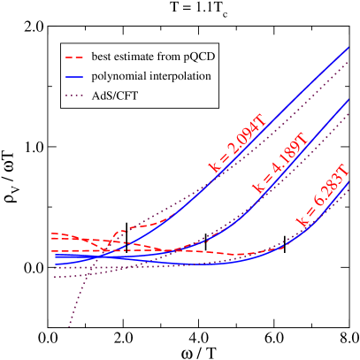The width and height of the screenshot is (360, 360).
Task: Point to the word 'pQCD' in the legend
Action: (200, 57)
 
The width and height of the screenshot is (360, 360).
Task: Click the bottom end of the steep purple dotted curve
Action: (69, 327)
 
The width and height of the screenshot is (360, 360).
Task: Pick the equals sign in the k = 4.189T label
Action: (266, 180)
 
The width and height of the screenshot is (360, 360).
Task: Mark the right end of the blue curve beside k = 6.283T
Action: (350, 182)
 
